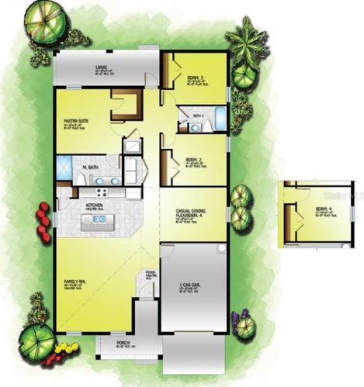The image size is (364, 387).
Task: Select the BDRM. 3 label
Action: (196, 78)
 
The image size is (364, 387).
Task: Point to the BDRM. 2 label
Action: (194, 161)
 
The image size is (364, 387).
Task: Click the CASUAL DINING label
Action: (191, 211)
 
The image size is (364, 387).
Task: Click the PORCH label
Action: (123, 342)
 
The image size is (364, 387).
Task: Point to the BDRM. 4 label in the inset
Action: (324, 209)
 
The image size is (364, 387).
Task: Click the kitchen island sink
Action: (99, 219)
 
